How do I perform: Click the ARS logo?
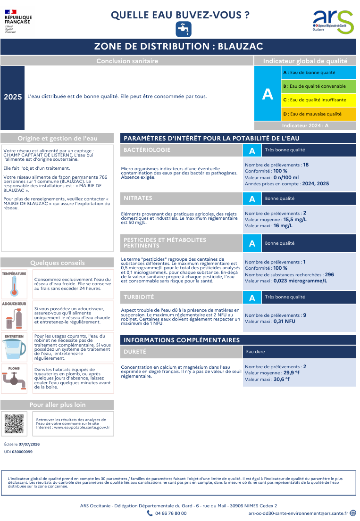pos(333,22)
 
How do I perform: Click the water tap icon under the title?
pos(184,29)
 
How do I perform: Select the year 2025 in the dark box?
pos(13,97)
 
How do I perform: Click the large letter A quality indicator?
pos(268,94)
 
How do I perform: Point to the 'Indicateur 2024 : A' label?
pos(305,125)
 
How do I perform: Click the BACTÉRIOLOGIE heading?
pos(147,150)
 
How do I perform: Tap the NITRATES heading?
pos(138,198)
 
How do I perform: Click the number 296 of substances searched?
pos(329,275)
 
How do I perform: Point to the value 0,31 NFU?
pos(284,321)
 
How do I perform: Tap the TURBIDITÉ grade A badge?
pos(252,298)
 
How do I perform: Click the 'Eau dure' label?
pos(256,352)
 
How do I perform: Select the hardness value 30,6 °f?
pos(282,379)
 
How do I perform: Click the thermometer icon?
pos(14,286)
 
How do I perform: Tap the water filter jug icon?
pos(14,349)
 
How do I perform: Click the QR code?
pos(14,424)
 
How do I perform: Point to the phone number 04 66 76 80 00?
pos(171,513)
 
